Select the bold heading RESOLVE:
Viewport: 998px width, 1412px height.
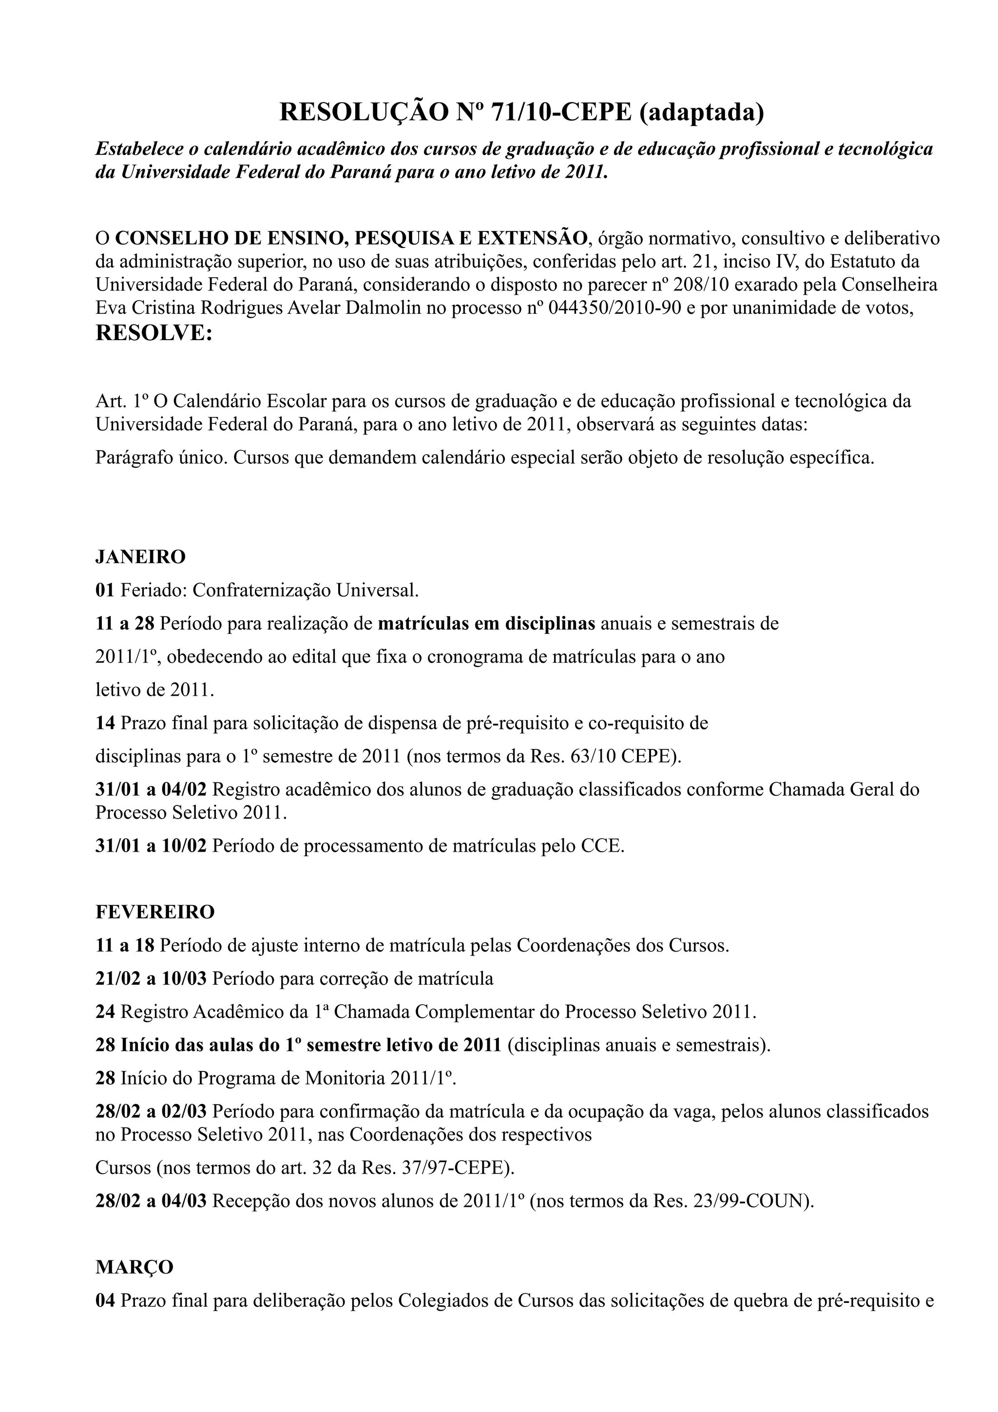pos(154,333)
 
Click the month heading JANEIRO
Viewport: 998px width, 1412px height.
pos(140,557)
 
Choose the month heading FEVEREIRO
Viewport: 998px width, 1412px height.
pos(155,912)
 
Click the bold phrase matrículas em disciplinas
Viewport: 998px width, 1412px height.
pos(486,624)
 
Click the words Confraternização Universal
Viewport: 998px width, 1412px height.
pos(305,591)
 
